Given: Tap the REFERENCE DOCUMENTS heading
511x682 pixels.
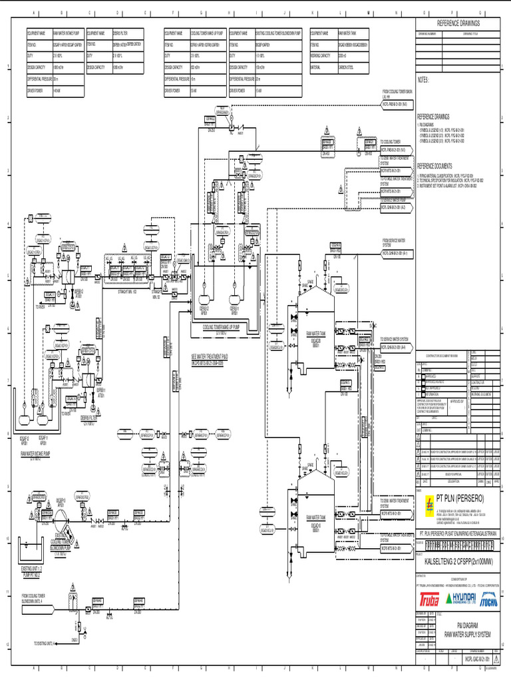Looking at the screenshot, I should point(434,166).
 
